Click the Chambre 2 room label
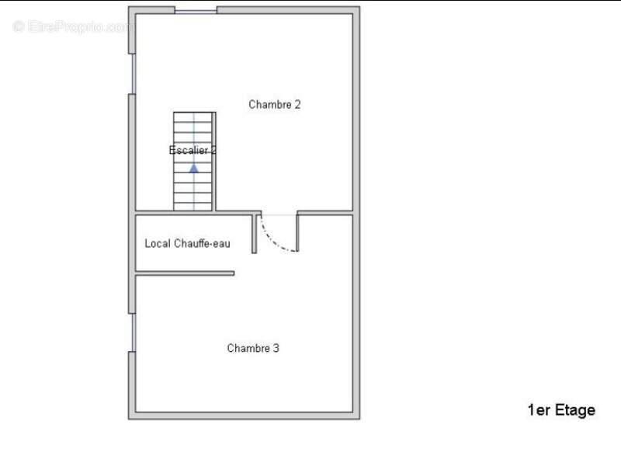(275, 105)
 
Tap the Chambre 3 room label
(253, 348)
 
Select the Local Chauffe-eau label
(187, 243)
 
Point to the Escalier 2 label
(193, 150)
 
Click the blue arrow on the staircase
(193, 169)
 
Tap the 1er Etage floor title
(561, 410)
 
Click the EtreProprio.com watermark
(71, 26)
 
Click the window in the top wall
(196, 11)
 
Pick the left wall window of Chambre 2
(133, 74)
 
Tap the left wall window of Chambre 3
(133, 332)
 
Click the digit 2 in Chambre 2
(297, 105)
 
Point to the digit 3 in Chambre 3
(276, 348)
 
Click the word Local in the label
(158, 243)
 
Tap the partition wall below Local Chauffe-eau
(185, 273)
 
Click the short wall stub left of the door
(255, 234)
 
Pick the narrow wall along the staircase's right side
(214, 162)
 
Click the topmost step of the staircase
(193, 117)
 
